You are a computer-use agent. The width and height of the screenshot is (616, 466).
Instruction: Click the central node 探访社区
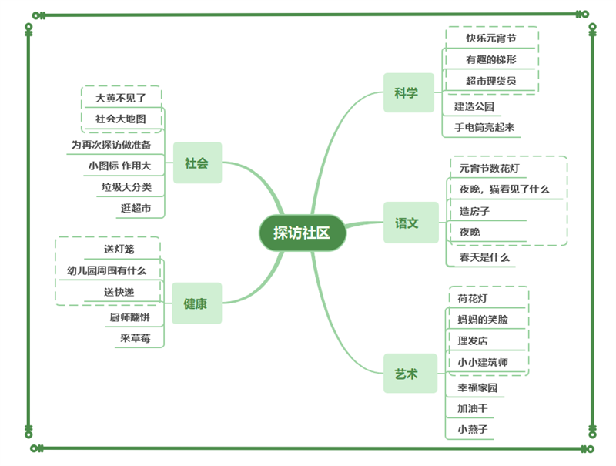[x=302, y=233]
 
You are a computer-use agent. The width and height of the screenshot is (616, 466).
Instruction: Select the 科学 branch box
[x=407, y=93]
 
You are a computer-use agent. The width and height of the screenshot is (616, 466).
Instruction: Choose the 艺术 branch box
[x=407, y=374]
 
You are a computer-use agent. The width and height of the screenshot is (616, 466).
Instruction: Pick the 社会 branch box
[x=196, y=163]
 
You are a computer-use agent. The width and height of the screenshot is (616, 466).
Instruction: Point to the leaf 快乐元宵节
[x=490, y=38]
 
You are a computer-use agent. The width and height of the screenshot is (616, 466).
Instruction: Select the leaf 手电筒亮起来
[x=484, y=127]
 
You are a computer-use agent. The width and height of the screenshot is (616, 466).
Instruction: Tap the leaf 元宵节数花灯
[x=494, y=167]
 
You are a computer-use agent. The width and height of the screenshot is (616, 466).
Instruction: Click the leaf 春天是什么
[x=484, y=257]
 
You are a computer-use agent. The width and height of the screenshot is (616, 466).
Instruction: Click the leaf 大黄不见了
[x=120, y=98]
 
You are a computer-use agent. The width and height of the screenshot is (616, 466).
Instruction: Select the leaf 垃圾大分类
[x=126, y=186]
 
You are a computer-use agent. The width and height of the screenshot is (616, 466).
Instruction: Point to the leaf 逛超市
[x=136, y=208]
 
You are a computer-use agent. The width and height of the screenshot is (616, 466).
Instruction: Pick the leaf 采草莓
[x=135, y=337]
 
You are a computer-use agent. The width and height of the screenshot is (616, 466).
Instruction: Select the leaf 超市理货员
[x=490, y=81]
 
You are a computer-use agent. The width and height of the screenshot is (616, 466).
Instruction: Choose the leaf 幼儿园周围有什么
[x=106, y=270]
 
